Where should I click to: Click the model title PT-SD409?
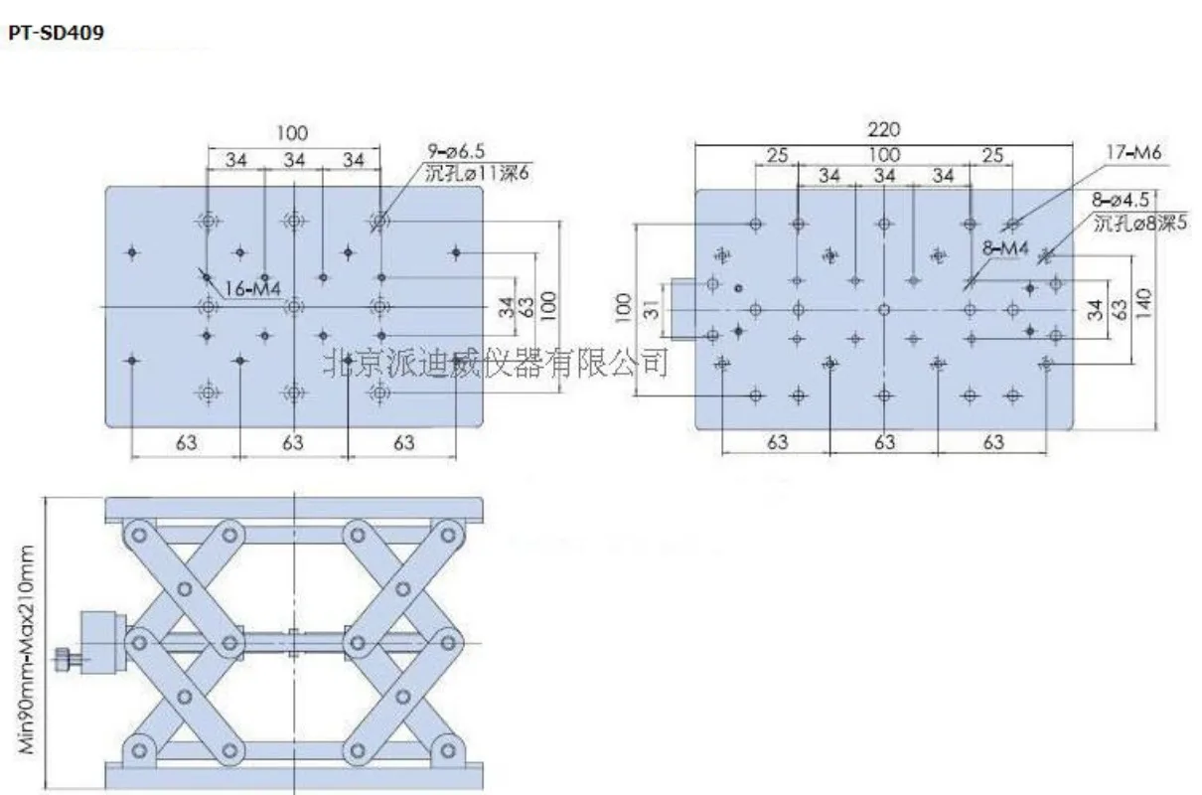click(x=56, y=33)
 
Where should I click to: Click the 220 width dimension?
click(x=884, y=130)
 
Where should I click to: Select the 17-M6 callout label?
click(x=1132, y=152)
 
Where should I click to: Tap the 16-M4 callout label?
click(x=252, y=289)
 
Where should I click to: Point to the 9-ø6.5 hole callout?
click(x=456, y=151)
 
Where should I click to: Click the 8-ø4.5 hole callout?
click(x=1121, y=200)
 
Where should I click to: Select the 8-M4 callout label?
click(x=1005, y=248)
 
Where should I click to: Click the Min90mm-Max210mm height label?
click(x=26, y=649)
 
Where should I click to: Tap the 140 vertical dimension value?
click(x=1143, y=303)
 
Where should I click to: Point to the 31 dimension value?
click(x=652, y=310)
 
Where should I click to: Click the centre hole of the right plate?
click(x=884, y=310)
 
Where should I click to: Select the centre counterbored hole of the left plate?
click(x=293, y=306)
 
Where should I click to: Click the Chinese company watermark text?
click(x=496, y=363)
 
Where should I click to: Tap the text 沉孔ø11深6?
click(x=477, y=173)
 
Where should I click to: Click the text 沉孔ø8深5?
click(x=1140, y=223)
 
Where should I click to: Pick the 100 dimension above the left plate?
click(x=292, y=133)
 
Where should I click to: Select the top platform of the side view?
click(x=294, y=510)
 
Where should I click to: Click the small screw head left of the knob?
click(x=64, y=660)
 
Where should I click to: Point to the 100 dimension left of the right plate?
click(x=623, y=308)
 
